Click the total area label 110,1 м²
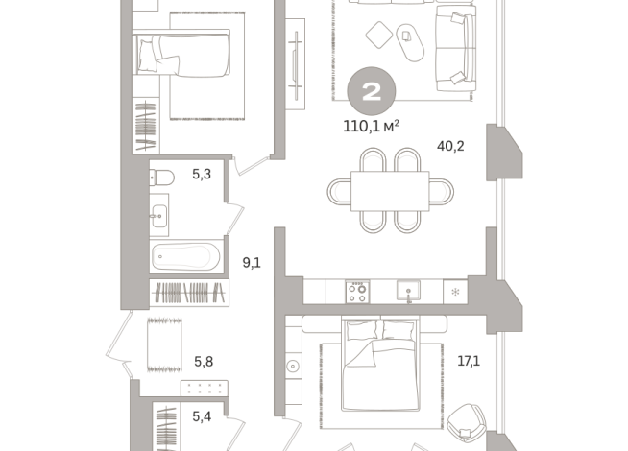pos(371,126)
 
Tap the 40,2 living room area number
pos(450,146)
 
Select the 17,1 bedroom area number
pos(469,361)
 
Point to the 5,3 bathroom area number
pos(202,174)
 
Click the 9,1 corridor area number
pos(252,263)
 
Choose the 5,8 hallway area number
pos(204,362)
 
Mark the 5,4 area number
pos(202,416)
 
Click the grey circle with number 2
pos(372,91)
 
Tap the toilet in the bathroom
pos(162,178)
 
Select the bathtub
pos(186,256)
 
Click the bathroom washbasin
pos(159,216)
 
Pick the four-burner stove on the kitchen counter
pos(357,292)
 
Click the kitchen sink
pos(408,290)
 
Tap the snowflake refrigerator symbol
pos(455,292)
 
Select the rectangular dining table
pos(390,191)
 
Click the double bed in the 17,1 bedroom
pos(380,365)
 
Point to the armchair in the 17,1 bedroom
pos(466,423)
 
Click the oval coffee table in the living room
pos(410,42)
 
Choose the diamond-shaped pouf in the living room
pos(379,35)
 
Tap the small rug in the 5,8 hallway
pos(164,344)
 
